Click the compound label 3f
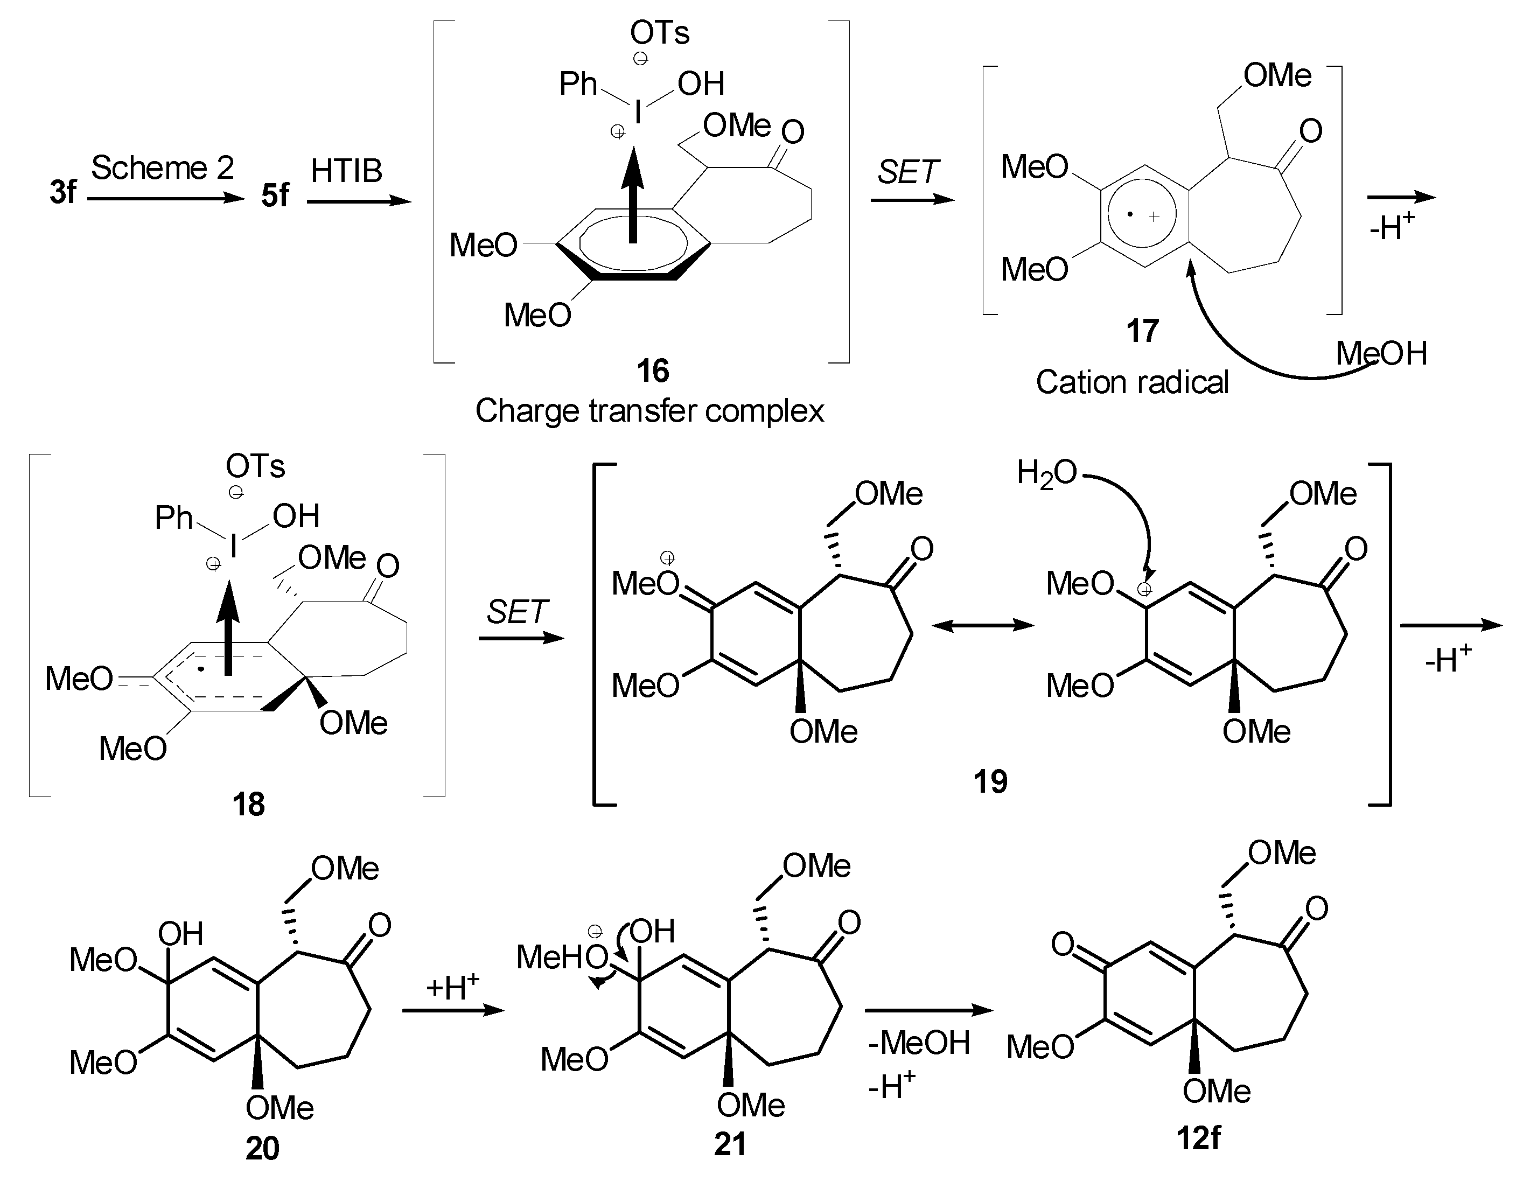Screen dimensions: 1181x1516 (x=62, y=192)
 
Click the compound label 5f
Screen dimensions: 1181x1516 (x=275, y=196)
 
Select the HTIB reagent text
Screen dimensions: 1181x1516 (x=346, y=171)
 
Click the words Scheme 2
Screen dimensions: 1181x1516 (x=163, y=168)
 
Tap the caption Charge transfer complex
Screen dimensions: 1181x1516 (x=649, y=411)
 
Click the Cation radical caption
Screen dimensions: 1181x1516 (x=1132, y=382)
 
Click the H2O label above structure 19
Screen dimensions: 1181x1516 (x=1046, y=473)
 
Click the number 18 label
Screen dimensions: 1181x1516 (x=248, y=805)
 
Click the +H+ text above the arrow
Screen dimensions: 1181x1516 (x=452, y=987)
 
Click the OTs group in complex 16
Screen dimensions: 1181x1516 (x=659, y=33)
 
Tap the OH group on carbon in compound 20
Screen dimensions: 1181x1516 (x=180, y=934)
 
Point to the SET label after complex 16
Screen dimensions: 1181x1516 (x=907, y=172)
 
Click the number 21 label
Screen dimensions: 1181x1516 (x=730, y=1145)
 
